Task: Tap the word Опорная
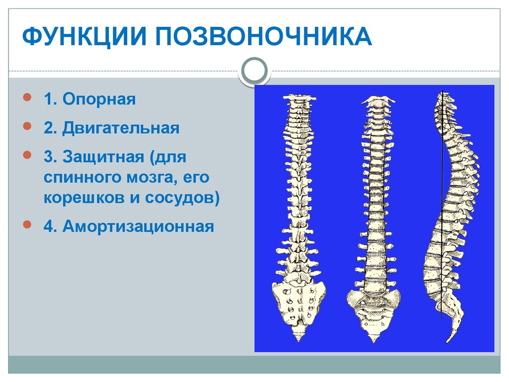coord(99,99)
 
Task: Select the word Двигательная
coord(120,128)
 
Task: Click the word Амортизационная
coord(138,227)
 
